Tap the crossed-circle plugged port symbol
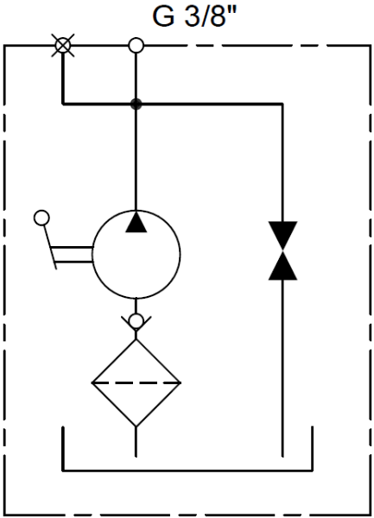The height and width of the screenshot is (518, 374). [x=63, y=45]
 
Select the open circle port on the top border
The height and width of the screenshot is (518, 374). [x=136, y=45]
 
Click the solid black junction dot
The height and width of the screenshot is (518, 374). [x=136, y=104]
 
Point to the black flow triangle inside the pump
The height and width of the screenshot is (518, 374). [x=136, y=221]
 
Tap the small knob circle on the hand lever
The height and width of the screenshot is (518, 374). [x=42, y=218]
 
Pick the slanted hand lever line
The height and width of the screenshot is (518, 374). [x=50, y=247]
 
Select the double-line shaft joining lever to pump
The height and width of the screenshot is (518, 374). [x=72, y=255]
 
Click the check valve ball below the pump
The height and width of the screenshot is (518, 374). [x=136, y=320]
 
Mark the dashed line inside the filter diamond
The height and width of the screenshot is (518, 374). [x=136, y=382]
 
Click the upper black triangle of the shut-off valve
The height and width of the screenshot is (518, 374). [x=282, y=235]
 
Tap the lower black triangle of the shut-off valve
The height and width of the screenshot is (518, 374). [x=282, y=266]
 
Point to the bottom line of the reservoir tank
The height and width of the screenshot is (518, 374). [x=187, y=470]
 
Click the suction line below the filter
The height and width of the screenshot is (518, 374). [x=136, y=442]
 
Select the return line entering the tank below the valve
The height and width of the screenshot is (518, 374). [x=282, y=369]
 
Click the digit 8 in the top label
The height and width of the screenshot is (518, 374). [x=217, y=16]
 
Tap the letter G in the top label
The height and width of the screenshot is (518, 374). [x=163, y=16]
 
